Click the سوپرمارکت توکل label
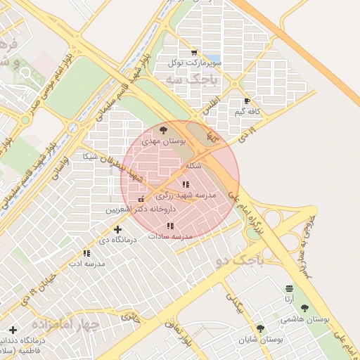tap(195, 63)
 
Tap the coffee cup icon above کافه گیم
tap(246, 101)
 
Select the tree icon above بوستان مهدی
tap(164, 130)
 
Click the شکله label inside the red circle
tap(193, 166)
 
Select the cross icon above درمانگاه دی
tap(117, 229)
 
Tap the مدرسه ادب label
tap(86, 264)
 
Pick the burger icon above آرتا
tap(289, 289)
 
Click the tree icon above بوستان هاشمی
tap(304, 308)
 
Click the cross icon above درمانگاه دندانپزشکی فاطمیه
tap(13, 330)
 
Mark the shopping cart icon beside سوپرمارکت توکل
tap(194, 53)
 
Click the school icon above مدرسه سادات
tap(170, 226)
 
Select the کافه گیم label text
tap(249, 112)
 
